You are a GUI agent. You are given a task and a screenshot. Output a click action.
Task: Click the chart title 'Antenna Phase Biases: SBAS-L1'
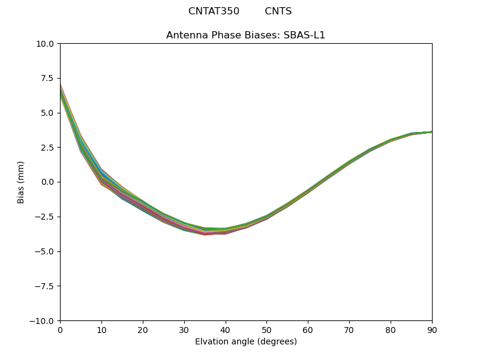pos(245,35)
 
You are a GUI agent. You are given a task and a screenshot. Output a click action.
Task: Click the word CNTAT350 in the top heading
pos(214,11)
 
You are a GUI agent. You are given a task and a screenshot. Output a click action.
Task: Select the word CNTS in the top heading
pos(278,11)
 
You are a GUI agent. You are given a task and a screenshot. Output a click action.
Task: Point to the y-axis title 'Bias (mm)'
pos(21,182)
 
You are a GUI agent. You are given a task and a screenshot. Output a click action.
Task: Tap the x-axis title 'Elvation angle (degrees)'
pos(245,341)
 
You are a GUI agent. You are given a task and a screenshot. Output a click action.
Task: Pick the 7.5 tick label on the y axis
pos(47,78)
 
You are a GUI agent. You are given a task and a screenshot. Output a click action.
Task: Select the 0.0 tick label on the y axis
pos(47,182)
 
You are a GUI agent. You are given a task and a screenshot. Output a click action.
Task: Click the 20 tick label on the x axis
pos(143,329)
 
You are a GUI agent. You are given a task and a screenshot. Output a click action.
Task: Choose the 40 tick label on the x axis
pos(225,329)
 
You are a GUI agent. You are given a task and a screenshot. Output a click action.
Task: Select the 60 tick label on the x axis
pos(308,329)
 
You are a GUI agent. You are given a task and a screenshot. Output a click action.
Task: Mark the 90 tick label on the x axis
pos(431,329)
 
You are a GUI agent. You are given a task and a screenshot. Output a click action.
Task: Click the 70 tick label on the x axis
pos(349,329)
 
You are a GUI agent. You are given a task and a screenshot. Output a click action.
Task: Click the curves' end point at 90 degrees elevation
pos(431,132)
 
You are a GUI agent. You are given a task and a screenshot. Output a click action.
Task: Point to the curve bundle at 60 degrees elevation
pos(308,191)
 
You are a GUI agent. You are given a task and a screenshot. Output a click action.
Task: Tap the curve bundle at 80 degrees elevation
pos(391,140)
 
